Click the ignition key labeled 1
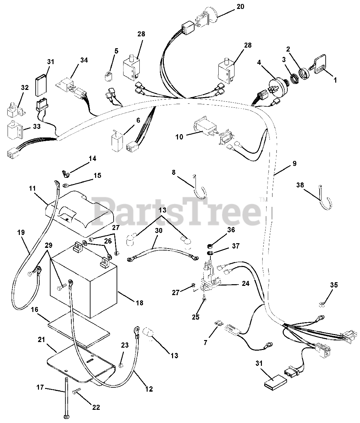[318, 64]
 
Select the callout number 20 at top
[240, 7]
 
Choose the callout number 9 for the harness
[294, 164]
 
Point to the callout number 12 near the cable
[149, 389]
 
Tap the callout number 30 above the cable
[159, 230]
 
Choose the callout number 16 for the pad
[34, 309]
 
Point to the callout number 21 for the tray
[41, 340]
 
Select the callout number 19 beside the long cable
[21, 233]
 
